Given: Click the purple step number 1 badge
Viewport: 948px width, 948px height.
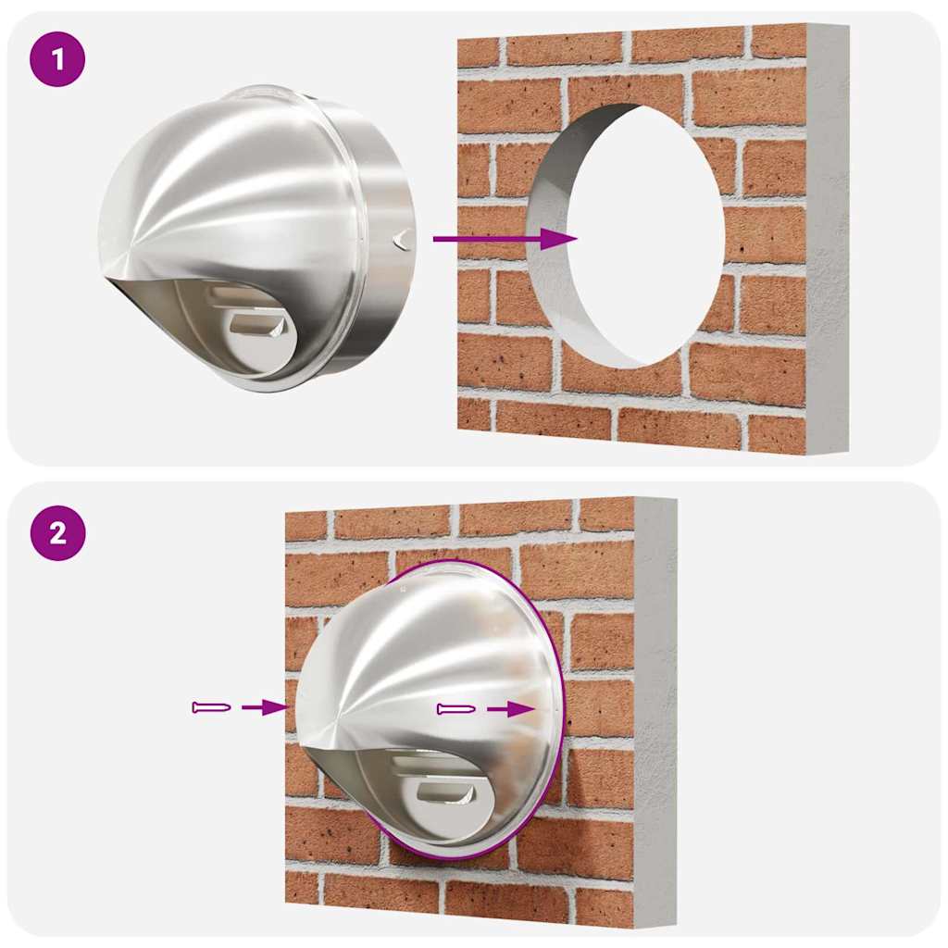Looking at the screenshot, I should coord(57,60).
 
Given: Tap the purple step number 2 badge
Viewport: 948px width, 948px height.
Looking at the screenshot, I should coord(57,533).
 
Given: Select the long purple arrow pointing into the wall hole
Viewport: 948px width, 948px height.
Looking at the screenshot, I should coord(505,239).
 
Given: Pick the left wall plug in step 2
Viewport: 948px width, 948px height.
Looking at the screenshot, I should coord(211,707).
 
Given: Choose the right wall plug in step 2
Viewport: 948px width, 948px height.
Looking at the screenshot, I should coord(457,709).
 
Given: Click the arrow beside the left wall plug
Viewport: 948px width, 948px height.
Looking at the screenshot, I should coord(263,707).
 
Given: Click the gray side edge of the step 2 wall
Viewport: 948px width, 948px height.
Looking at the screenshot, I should coord(655,713).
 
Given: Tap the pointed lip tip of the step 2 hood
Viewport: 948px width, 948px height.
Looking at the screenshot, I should coord(307,741).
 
